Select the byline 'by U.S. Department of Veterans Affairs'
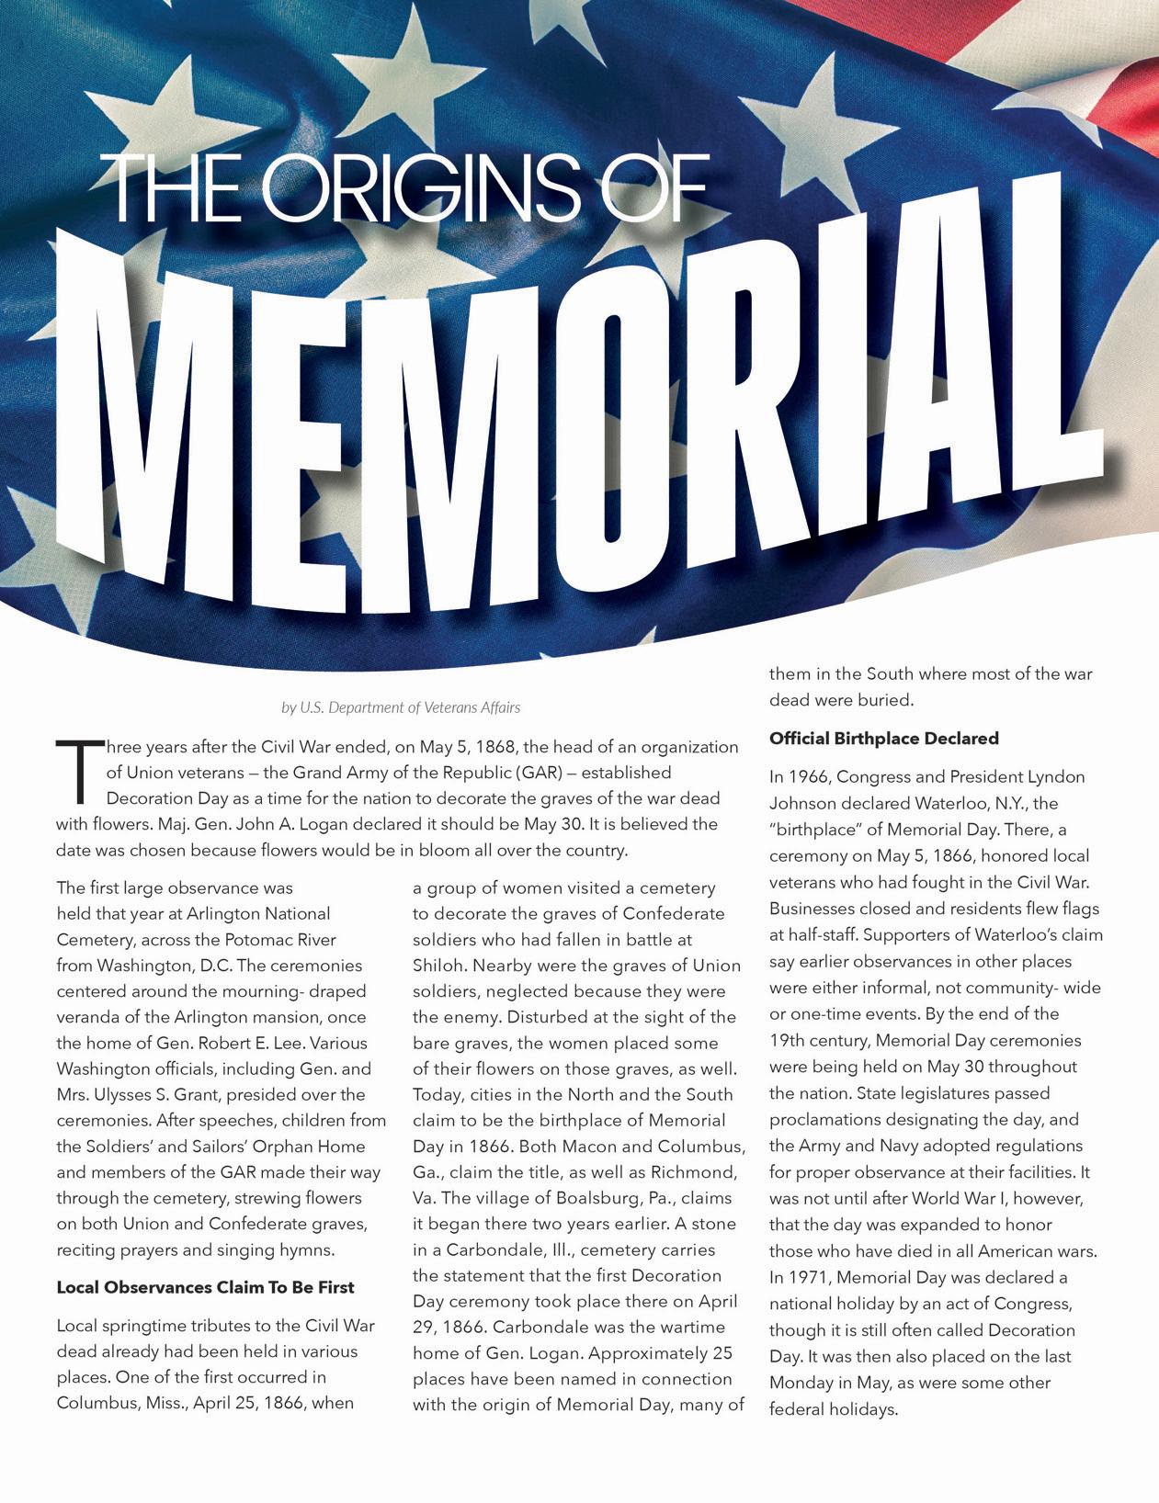401,707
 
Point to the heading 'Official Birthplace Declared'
883,739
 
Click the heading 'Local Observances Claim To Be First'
205,1287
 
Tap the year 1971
812,1277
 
